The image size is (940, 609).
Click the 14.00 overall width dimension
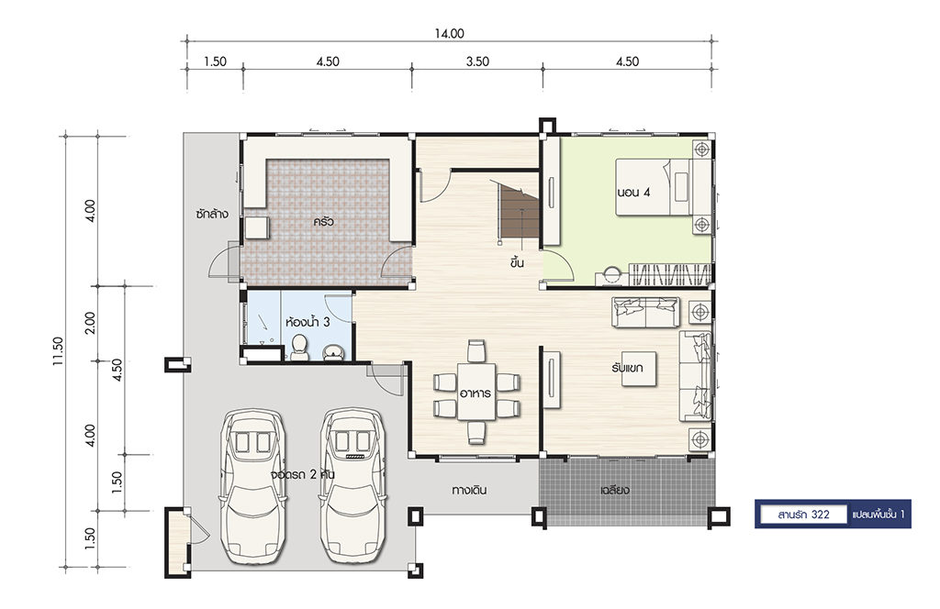click(449, 34)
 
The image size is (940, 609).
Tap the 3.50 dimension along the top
click(477, 61)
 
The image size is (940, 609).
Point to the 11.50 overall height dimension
click(58, 351)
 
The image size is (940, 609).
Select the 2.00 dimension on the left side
click(90, 324)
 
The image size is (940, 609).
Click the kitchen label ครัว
click(323, 222)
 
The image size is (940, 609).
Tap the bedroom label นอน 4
click(633, 193)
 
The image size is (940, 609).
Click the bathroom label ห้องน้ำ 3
click(308, 322)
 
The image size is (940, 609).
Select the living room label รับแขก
click(627, 367)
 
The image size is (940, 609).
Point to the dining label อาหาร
click(476, 393)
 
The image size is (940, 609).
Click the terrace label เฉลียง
click(615, 490)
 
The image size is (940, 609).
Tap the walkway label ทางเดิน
click(469, 490)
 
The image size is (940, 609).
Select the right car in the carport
click(352, 486)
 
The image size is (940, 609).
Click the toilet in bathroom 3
click(299, 348)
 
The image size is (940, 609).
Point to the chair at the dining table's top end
click(476, 351)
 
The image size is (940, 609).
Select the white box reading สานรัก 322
click(803, 515)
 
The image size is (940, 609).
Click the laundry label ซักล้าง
click(212, 214)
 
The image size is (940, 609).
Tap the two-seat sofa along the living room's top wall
click(645, 312)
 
